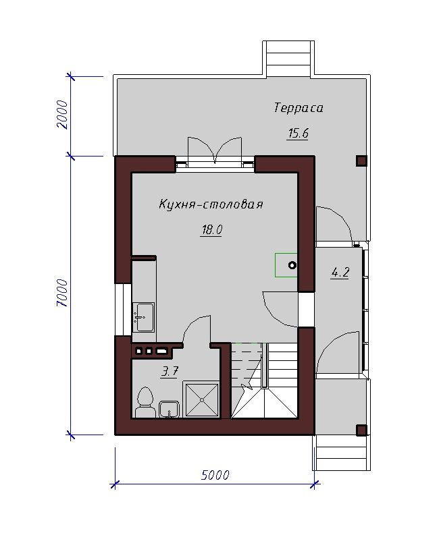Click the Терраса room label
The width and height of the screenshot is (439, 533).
click(x=299, y=108)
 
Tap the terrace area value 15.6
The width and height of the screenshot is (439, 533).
click(x=298, y=134)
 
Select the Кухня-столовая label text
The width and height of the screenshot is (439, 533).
click(x=211, y=204)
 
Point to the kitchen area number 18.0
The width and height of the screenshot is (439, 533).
click(x=211, y=230)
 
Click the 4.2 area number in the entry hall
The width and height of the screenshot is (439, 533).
click(x=340, y=272)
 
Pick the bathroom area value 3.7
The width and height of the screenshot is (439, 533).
click(x=170, y=371)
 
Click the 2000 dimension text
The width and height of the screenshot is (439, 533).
click(x=62, y=114)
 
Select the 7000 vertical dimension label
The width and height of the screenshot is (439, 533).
click(x=62, y=293)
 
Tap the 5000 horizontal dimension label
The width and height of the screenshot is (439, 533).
click(x=215, y=474)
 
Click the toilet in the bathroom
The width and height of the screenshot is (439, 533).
click(x=145, y=402)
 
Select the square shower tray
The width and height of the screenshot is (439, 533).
click(x=201, y=399)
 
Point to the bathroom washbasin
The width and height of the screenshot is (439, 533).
click(x=169, y=409)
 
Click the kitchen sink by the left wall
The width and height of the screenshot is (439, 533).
click(x=144, y=317)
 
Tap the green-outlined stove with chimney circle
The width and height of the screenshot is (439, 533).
click(x=286, y=264)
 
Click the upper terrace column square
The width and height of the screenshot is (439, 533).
click(x=361, y=161)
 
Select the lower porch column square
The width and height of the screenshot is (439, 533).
click(x=361, y=430)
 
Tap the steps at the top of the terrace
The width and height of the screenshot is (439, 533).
click(x=288, y=58)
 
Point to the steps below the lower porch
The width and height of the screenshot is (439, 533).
click(x=341, y=453)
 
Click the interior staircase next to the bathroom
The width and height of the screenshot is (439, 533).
click(x=264, y=380)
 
